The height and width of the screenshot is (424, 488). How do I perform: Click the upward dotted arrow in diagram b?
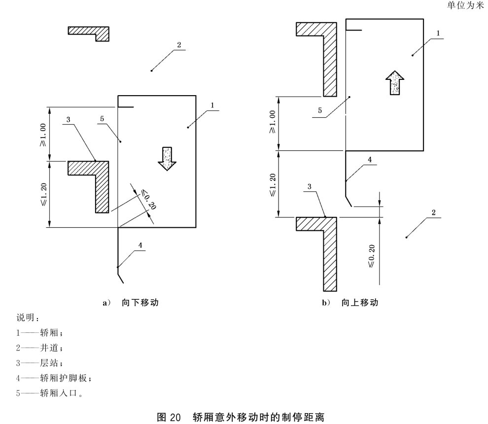(394, 82)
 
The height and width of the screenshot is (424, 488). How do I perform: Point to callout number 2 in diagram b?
(433, 212)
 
